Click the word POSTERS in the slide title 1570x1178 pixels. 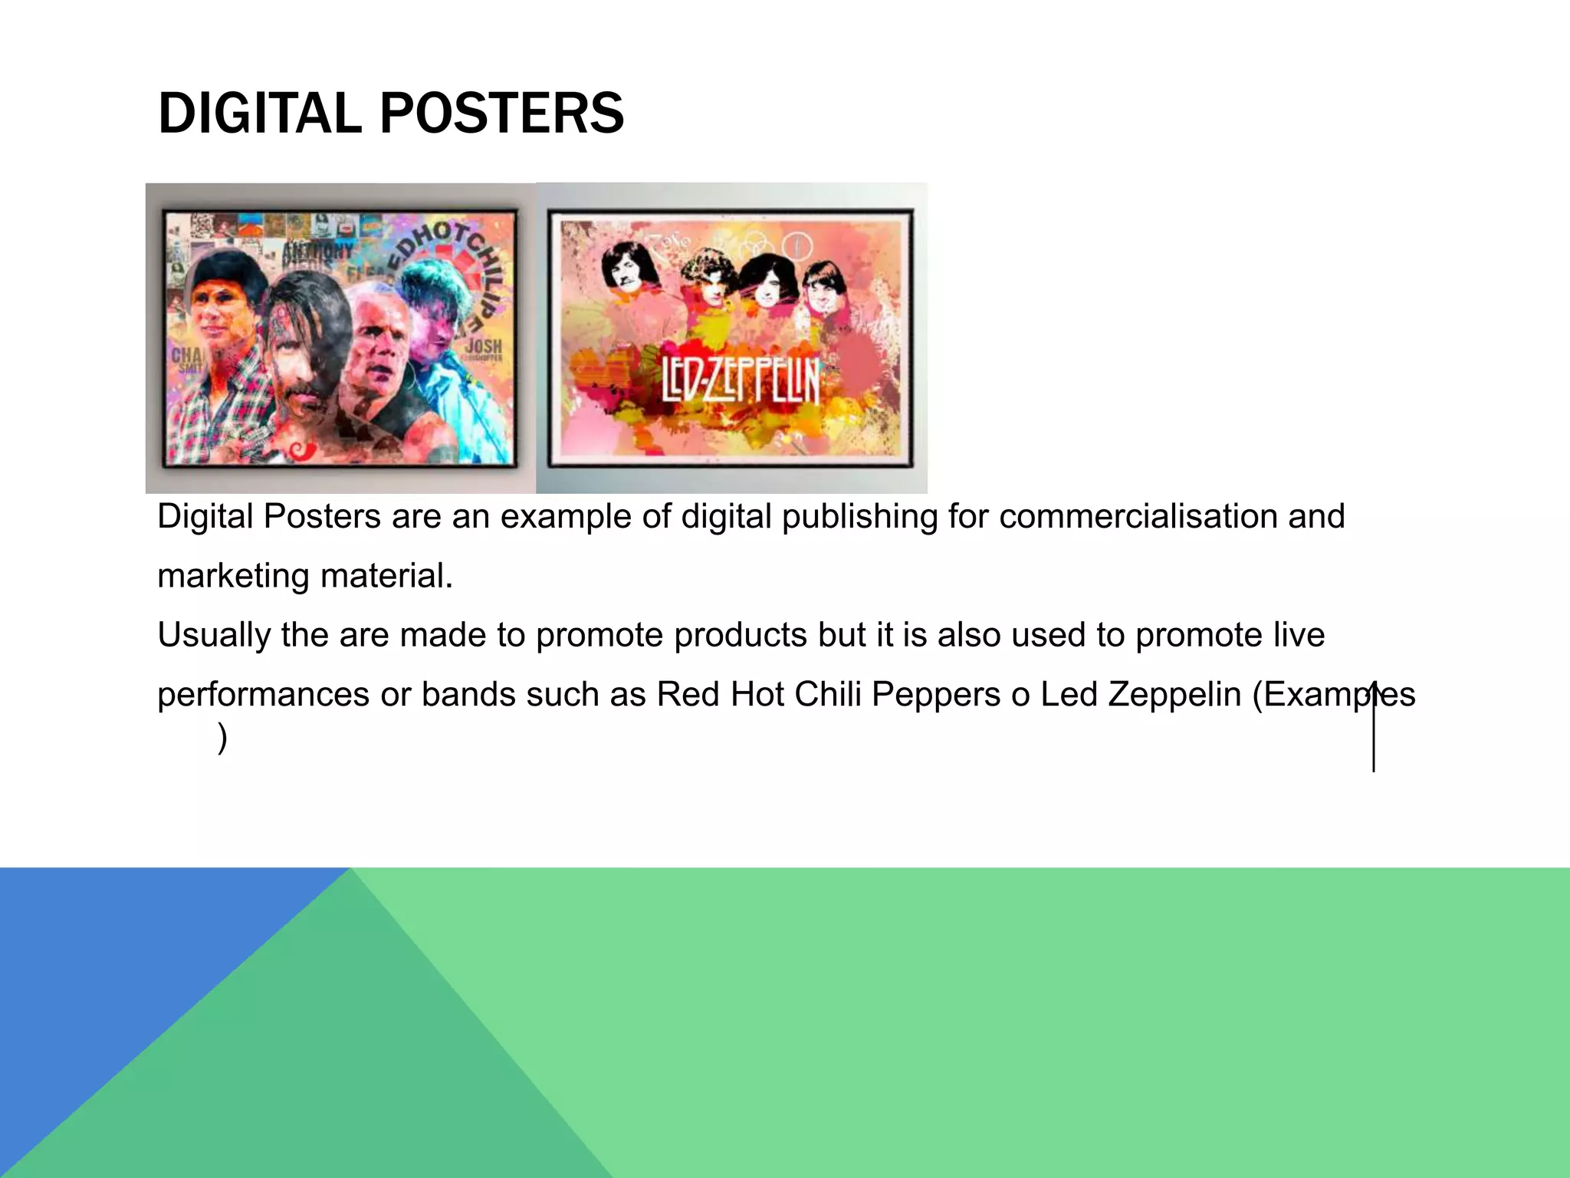pyautogui.click(x=501, y=114)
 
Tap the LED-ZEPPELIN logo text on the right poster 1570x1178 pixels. pyautogui.click(x=741, y=381)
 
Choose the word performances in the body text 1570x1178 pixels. pyautogui.click(x=263, y=694)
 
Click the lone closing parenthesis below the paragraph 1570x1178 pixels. pyautogui.click(x=222, y=738)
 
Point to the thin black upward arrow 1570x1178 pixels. pyautogui.click(x=1373, y=726)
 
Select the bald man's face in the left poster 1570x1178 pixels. pyautogui.click(x=376, y=345)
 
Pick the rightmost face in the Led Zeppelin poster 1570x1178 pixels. pyautogui.click(x=822, y=288)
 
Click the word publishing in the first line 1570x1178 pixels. pyautogui.click(x=859, y=516)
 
